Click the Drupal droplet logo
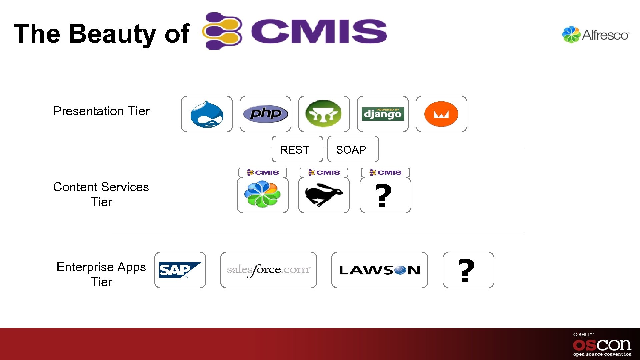pos(207,114)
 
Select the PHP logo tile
pos(265,114)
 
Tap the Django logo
pos(383,114)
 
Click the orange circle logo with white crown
pos(441,114)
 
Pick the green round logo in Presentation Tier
pos(324,114)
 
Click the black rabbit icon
pos(324,195)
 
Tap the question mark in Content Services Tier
pos(383,196)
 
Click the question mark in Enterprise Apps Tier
pos(466,270)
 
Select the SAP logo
pos(180,270)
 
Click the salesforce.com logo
pos(268,270)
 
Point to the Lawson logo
pos(379,270)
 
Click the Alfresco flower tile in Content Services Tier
pos(263,194)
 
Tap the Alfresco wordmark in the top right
pos(605,35)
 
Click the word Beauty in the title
pos(112,34)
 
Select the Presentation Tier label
pos(101,111)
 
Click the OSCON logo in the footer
pos(602,345)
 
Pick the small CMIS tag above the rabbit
pos(324,172)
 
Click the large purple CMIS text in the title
pos(319,31)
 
